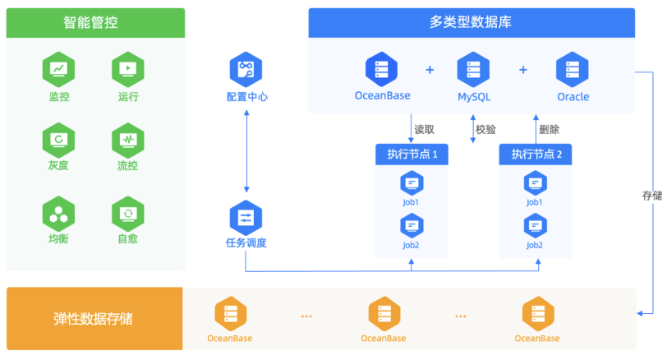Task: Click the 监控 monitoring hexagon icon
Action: tap(58, 69)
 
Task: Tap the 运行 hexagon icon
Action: tap(128, 69)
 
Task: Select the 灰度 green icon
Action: tap(58, 139)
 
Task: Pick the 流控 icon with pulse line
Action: tap(128, 139)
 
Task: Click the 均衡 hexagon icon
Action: tap(58, 214)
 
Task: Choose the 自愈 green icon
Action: tap(128, 214)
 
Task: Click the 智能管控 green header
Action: tap(95, 23)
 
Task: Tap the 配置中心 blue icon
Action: tap(246, 69)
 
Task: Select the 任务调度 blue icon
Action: tap(246, 217)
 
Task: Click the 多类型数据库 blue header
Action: tap(471, 23)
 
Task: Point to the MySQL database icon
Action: tap(474, 69)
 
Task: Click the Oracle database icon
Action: tap(573, 69)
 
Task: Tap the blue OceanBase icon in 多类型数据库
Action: tap(382, 69)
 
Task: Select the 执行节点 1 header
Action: tap(412, 154)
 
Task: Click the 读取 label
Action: tap(424, 129)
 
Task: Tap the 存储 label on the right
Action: tap(651, 196)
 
